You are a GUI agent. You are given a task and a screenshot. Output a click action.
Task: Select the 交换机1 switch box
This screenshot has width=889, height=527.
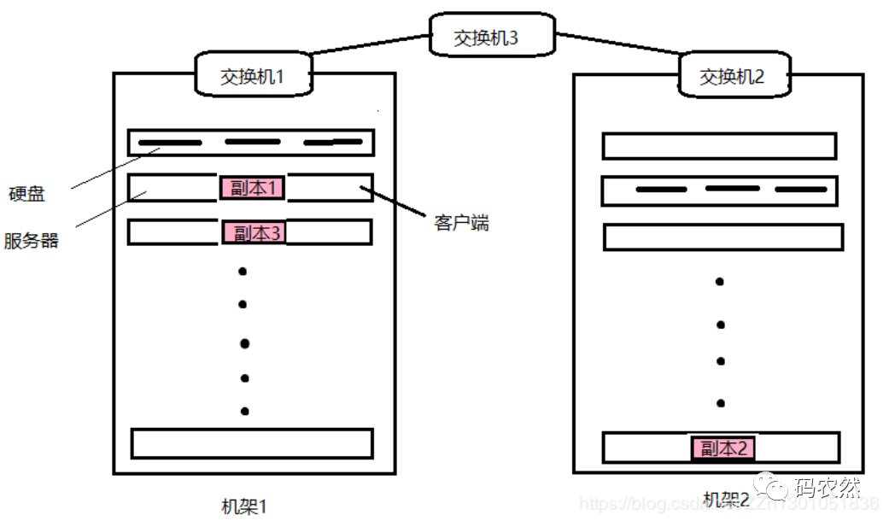coord(254,75)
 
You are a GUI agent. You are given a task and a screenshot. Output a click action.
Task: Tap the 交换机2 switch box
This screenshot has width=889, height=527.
coord(733,77)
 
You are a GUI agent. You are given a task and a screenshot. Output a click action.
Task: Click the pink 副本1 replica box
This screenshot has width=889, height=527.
coord(252,188)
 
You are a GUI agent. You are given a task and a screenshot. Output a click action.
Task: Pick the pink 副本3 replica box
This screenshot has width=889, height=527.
coord(252,232)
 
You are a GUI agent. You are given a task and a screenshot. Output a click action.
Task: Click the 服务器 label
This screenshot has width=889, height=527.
coord(32,240)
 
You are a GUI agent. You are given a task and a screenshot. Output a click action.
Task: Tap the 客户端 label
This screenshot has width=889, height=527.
coord(461,223)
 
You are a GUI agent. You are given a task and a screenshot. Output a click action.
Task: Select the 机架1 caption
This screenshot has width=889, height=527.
coord(244,506)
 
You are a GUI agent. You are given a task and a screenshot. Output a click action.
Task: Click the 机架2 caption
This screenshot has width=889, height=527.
coord(726,498)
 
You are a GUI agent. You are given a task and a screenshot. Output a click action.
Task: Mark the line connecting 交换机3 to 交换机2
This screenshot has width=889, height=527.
coord(617,46)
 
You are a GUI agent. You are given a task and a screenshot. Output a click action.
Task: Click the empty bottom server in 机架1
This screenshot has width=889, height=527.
coord(252,443)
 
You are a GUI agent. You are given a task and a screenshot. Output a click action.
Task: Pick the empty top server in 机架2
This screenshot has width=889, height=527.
coord(719,146)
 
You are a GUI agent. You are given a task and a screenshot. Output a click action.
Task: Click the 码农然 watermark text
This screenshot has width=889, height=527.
coord(827,487)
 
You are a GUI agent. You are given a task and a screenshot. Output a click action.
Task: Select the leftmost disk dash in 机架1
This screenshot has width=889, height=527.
coord(170,143)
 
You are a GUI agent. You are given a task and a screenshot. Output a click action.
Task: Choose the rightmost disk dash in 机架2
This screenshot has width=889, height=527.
coord(801,189)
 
